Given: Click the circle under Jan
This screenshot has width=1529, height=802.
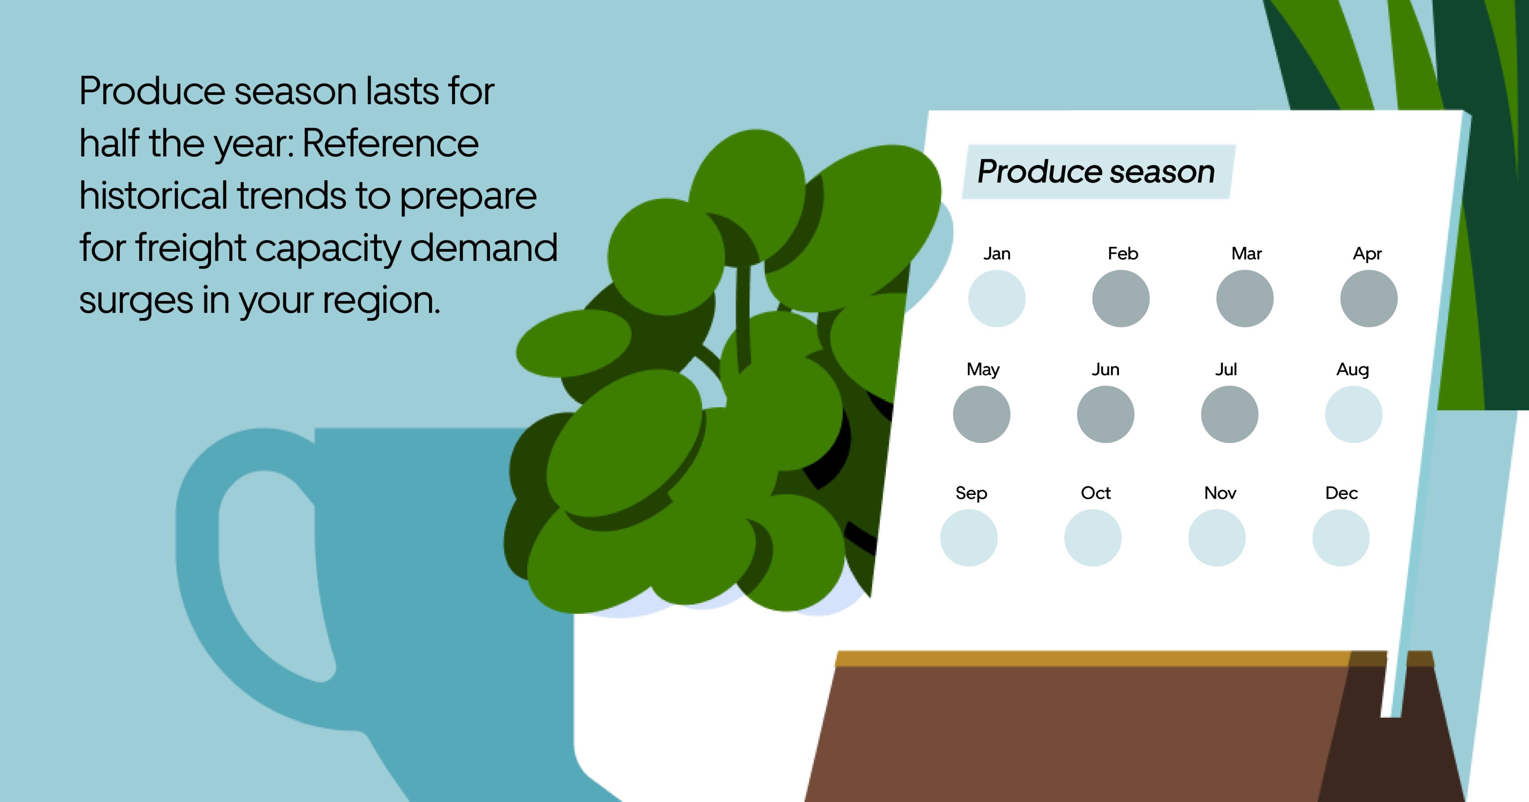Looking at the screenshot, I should coord(997,298).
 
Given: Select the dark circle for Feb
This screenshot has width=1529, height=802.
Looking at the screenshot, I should coord(1120,298).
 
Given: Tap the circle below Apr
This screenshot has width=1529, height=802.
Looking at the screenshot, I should coord(1369,298).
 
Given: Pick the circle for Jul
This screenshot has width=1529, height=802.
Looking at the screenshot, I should coord(1229,414).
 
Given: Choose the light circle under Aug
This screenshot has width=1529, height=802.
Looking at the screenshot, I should coord(1353,414).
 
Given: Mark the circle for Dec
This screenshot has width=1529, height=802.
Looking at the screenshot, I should coord(1341,537).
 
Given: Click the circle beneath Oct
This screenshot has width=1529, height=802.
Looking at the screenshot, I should coord(1093,537).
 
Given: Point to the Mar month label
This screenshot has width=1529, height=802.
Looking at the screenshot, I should coord(1246,254).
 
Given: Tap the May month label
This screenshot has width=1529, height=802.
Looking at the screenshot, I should coord(983,370).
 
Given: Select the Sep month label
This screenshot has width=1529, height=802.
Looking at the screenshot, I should coord(971,493).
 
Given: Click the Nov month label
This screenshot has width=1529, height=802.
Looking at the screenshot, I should coord(1220,493).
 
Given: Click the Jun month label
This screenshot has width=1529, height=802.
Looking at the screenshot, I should coord(1105,370).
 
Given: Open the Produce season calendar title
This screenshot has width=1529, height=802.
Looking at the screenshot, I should coord(1096,172).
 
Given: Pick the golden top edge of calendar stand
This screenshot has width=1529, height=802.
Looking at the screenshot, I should coord(1098,658).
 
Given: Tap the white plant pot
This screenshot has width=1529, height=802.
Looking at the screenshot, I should coord(682,712).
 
